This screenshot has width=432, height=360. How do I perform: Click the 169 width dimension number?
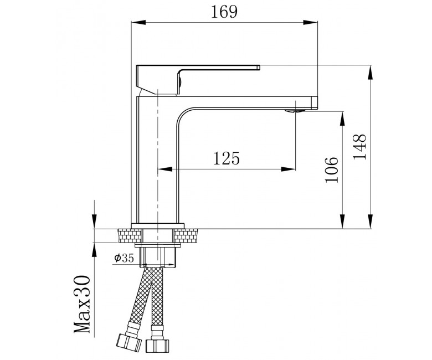click(224, 12)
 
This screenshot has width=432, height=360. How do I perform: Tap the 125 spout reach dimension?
click(227, 158)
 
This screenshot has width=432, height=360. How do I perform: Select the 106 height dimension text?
click(331, 169)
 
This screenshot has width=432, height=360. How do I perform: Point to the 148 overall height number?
click(359, 147)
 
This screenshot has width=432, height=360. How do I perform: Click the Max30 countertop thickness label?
click(83, 304)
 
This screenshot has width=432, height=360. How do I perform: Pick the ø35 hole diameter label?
click(124, 258)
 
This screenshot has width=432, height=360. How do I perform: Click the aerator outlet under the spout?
click(295, 111)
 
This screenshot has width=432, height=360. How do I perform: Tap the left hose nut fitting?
click(128, 342)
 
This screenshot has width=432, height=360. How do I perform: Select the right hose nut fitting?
click(157, 346)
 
